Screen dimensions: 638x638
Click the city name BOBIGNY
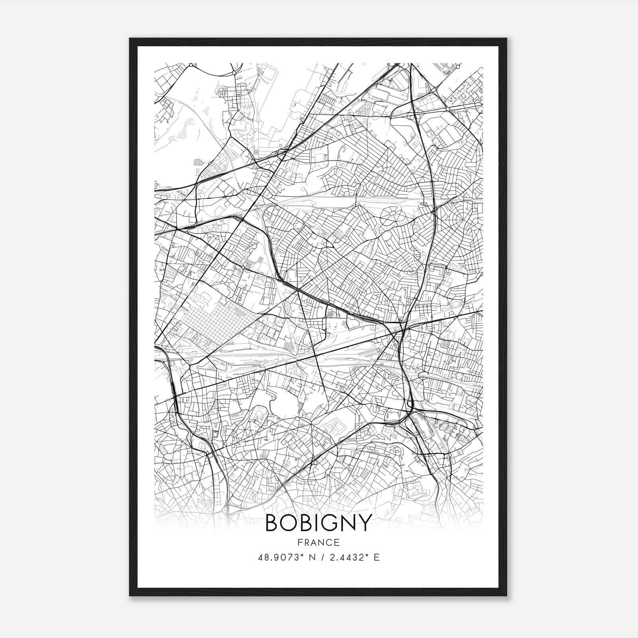[318, 523]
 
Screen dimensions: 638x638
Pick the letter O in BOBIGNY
[289, 523]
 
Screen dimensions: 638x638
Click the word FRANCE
[318, 542]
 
